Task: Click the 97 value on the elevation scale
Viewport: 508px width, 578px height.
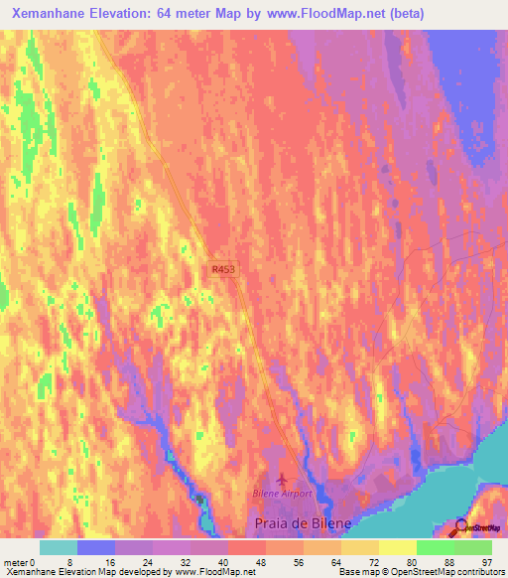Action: (x=484, y=562)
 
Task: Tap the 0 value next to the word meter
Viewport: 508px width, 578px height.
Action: (x=35, y=562)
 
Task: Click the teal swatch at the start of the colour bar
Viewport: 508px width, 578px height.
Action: (x=59, y=547)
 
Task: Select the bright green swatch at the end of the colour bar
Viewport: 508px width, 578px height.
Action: (x=473, y=547)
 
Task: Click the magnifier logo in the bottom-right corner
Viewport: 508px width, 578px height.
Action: (x=461, y=527)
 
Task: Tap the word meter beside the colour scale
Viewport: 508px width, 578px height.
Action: (x=16, y=562)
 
